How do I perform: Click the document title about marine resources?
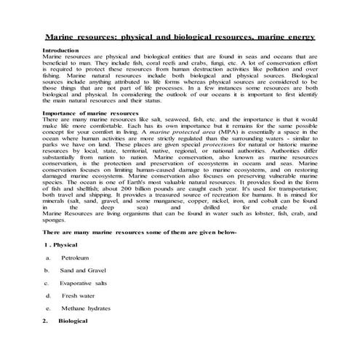coord(180,36)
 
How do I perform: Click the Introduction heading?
coord(60,49)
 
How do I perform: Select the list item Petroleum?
coord(75,257)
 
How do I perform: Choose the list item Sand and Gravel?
coord(81,270)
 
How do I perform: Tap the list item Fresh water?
coord(77,295)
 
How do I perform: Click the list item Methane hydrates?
coord(84,308)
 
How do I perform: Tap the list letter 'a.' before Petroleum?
coord(47,257)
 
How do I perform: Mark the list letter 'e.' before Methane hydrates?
coord(47,308)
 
